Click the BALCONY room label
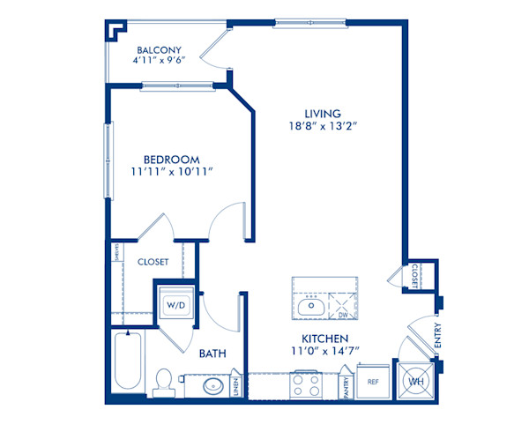point(159,50)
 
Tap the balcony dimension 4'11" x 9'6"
point(159,63)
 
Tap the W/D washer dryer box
point(176,305)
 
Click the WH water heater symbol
point(415,382)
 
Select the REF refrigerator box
point(373,383)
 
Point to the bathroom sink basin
point(212,386)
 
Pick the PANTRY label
point(348,386)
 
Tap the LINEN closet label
point(236,386)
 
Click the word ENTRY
point(438,336)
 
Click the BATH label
point(212,354)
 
